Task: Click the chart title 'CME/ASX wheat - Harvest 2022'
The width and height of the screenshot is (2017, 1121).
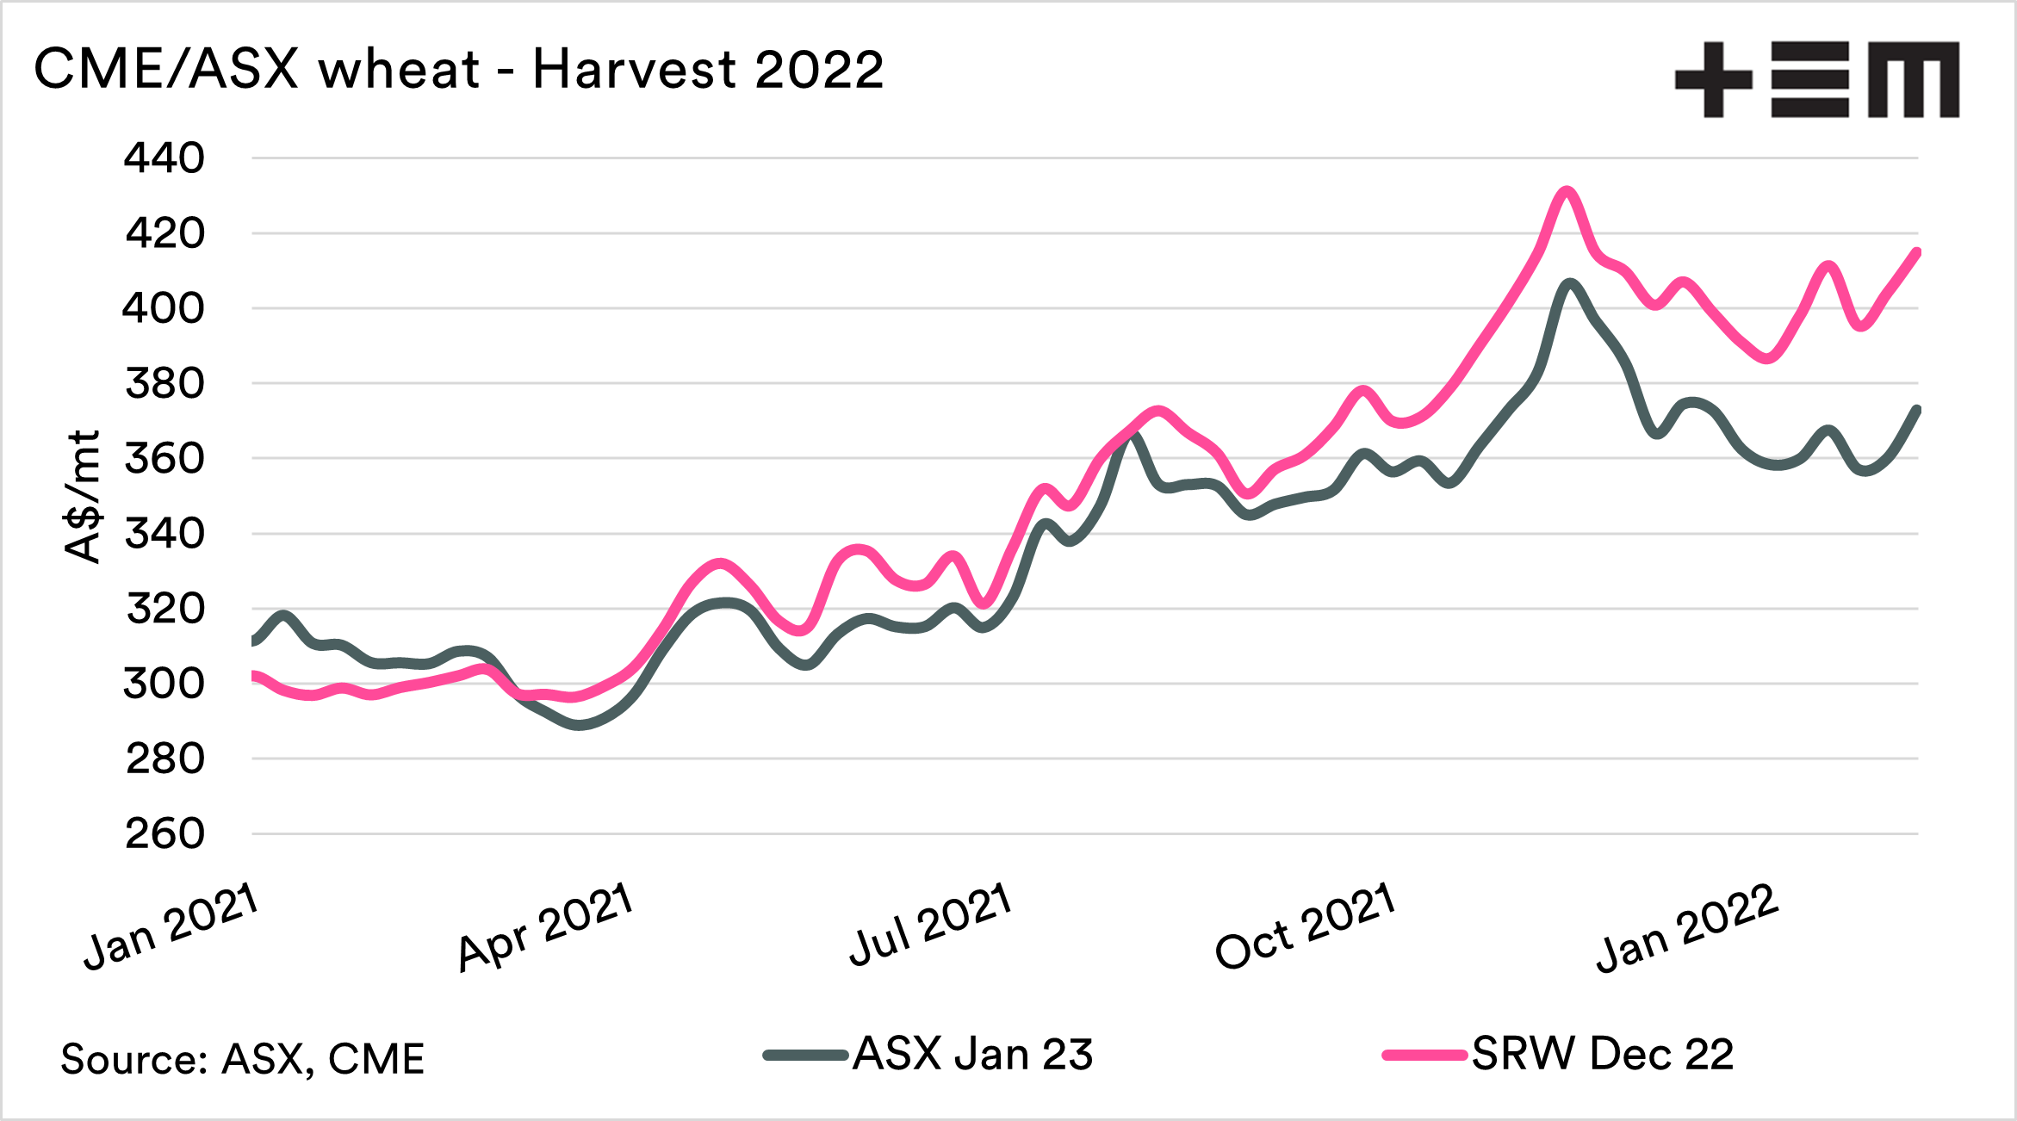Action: [x=458, y=69]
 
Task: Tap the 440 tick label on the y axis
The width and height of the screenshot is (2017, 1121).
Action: [x=164, y=158]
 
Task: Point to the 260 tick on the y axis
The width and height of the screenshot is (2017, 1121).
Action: [x=164, y=833]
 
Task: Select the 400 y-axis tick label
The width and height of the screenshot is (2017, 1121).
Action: [x=164, y=308]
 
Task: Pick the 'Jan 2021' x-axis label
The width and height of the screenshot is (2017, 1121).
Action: [x=171, y=927]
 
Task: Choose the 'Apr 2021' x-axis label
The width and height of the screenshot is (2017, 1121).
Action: [x=546, y=927]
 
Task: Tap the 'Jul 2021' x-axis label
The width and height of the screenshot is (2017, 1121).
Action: [x=929, y=925]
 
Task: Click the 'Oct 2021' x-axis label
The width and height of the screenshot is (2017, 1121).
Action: [x=1305, y=926]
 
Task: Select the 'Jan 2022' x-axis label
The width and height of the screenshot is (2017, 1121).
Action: [x=1686, y=928]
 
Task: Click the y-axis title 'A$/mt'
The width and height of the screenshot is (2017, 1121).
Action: [x=84, y=497]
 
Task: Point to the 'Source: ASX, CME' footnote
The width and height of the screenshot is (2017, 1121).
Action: [x=242, y=1058]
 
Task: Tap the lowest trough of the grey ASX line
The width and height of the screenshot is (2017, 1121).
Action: [x=580, y=725]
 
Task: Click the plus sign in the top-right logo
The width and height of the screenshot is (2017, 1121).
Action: [x=1713, y=79]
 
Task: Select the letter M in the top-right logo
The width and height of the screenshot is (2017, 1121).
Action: [x=1914, y=79]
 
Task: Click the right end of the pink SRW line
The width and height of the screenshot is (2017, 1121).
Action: [x=1917, y=251]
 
